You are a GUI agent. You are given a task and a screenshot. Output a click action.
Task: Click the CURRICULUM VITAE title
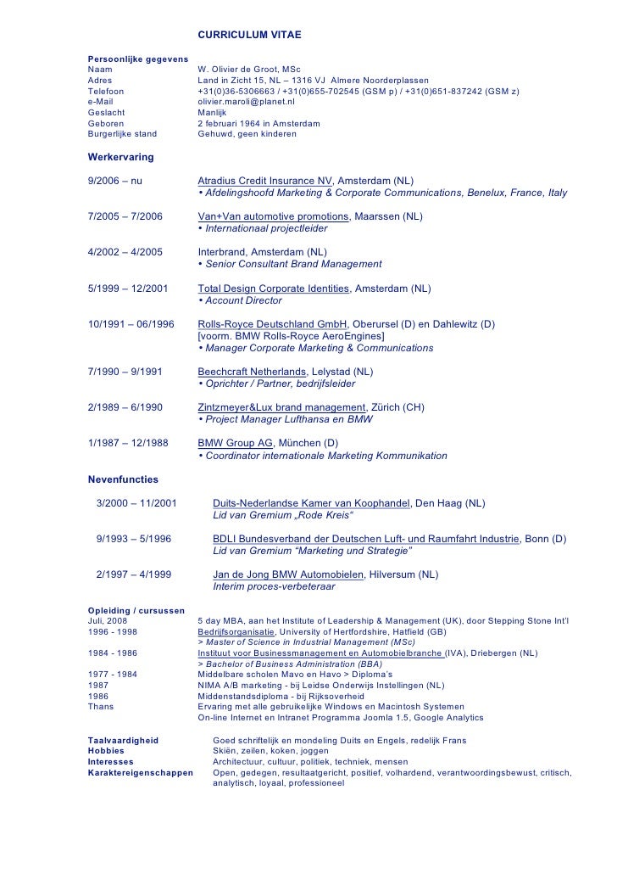[249, 35]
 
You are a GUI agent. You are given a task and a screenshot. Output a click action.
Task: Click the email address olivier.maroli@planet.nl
[246, 102]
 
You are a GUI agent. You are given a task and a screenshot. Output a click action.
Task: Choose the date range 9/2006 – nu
[115, 181]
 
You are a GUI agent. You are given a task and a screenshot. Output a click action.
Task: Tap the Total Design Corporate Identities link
[273, 289]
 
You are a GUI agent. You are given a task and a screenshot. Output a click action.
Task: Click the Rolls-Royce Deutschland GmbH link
[272, 324]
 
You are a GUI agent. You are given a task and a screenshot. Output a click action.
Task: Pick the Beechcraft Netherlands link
[252, 372]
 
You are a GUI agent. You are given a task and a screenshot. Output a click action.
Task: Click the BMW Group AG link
[235, 443]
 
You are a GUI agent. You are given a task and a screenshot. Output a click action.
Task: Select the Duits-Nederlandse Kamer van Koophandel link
[311, 503]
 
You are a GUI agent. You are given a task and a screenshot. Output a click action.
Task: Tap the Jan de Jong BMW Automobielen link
[288, 574]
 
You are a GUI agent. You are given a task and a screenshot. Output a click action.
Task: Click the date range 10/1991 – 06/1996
[131, 324]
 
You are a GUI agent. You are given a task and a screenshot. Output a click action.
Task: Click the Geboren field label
[106, 124]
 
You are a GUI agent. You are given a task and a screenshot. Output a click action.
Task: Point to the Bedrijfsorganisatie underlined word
[236, 632]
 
